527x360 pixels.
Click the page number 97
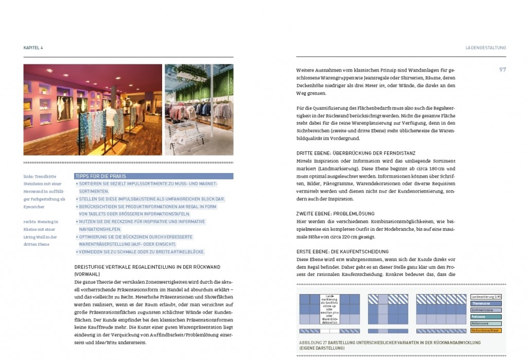(502, 70)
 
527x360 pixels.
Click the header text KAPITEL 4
(33, 47)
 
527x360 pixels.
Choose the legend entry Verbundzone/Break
(486, 330)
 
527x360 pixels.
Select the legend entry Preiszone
(486, 317)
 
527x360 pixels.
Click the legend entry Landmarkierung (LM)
(486, 297)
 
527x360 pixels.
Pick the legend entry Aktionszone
(486, 323)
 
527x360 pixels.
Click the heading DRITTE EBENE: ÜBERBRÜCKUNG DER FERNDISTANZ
(356, 153)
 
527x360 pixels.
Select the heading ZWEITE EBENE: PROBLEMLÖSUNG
(335, 214)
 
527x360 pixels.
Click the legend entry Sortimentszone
(486, 310)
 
